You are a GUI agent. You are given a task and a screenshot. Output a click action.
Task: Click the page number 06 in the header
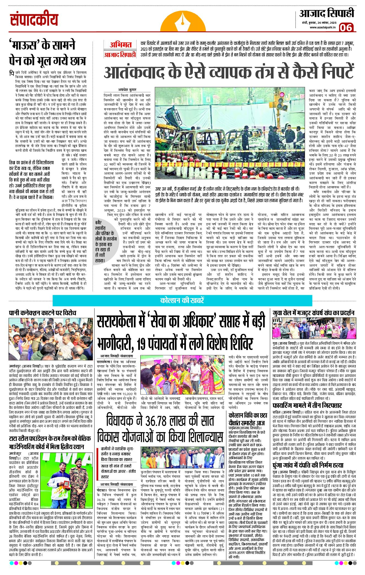pyautogui.click(x=346, y=28)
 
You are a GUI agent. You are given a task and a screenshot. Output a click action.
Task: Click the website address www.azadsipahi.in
pyautogui.click(x=323, y=27)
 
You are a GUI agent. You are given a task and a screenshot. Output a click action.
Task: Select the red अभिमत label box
pyautogui.click(x=120, y=45)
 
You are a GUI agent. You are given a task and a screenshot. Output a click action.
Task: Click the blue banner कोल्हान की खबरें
pyautogui.click(x=182, y=300)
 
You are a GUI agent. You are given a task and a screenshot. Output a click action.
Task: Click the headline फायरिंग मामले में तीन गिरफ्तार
pyautogui.click(x=307, y=405)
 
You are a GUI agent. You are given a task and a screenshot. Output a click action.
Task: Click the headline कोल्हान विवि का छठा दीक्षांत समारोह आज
pyautogui.click(x=248, y=419)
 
